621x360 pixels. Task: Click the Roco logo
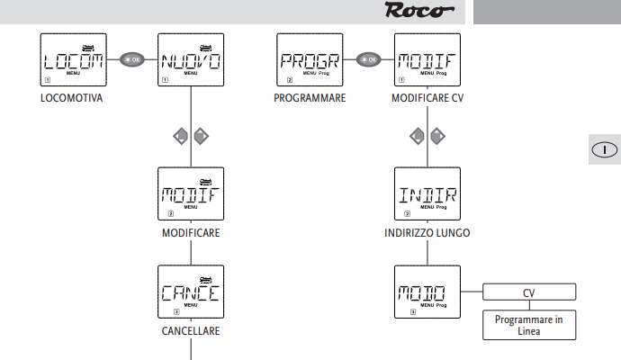418,12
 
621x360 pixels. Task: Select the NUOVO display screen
190,60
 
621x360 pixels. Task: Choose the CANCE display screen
190,292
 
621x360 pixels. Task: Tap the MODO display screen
427,292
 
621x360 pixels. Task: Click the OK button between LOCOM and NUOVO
131,61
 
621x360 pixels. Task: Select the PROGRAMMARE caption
310,98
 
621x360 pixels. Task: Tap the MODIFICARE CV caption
427,98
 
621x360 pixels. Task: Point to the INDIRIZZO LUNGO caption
427,232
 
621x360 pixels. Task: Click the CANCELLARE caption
190,330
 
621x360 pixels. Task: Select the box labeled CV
528,292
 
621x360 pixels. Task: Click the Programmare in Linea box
528,324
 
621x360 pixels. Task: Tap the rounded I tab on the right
605,149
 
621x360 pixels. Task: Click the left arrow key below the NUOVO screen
180,137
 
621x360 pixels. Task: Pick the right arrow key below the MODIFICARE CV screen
438,137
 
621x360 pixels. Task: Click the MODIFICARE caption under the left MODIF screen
190,232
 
